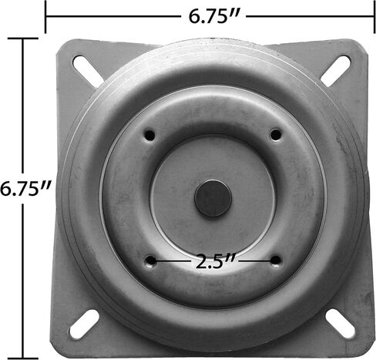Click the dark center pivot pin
pyautogui.click(x=213, y=198)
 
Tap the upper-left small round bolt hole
pyautogui.click(x=149, y=135)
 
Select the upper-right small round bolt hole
pyautogui.click(x=276, y=135)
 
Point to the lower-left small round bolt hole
pyautogui.click(x=151, y=261)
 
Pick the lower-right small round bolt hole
pyautogui.click(x=276, y=261)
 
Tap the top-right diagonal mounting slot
pyautogui.click(x=335, y=71)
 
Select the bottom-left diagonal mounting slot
pyautogui.click(x=85, y=325)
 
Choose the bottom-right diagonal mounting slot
pyautogui.click(x=340, y=324)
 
